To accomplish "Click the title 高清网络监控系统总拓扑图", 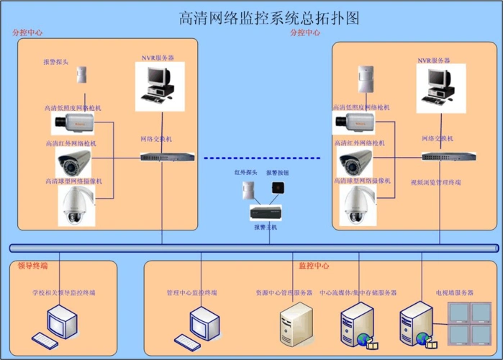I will pos(268,17).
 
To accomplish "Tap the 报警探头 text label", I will pos(56,63).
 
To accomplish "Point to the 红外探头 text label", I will pos(245,173).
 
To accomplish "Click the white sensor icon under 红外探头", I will pos(250,190).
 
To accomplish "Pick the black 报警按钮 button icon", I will pos(276,187).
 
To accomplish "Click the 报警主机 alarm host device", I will pos(265,212).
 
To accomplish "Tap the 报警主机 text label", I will pos(265,228).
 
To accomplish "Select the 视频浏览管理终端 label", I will pos(436,183).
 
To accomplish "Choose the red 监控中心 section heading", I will pos(314,266).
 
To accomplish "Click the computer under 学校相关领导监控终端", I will pos(59,327).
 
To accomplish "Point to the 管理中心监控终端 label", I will pos(192,293).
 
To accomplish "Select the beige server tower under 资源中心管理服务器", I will pos(296,325).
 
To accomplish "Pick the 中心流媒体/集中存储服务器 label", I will pos(358,293).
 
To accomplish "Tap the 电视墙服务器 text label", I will pos(454,293).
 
